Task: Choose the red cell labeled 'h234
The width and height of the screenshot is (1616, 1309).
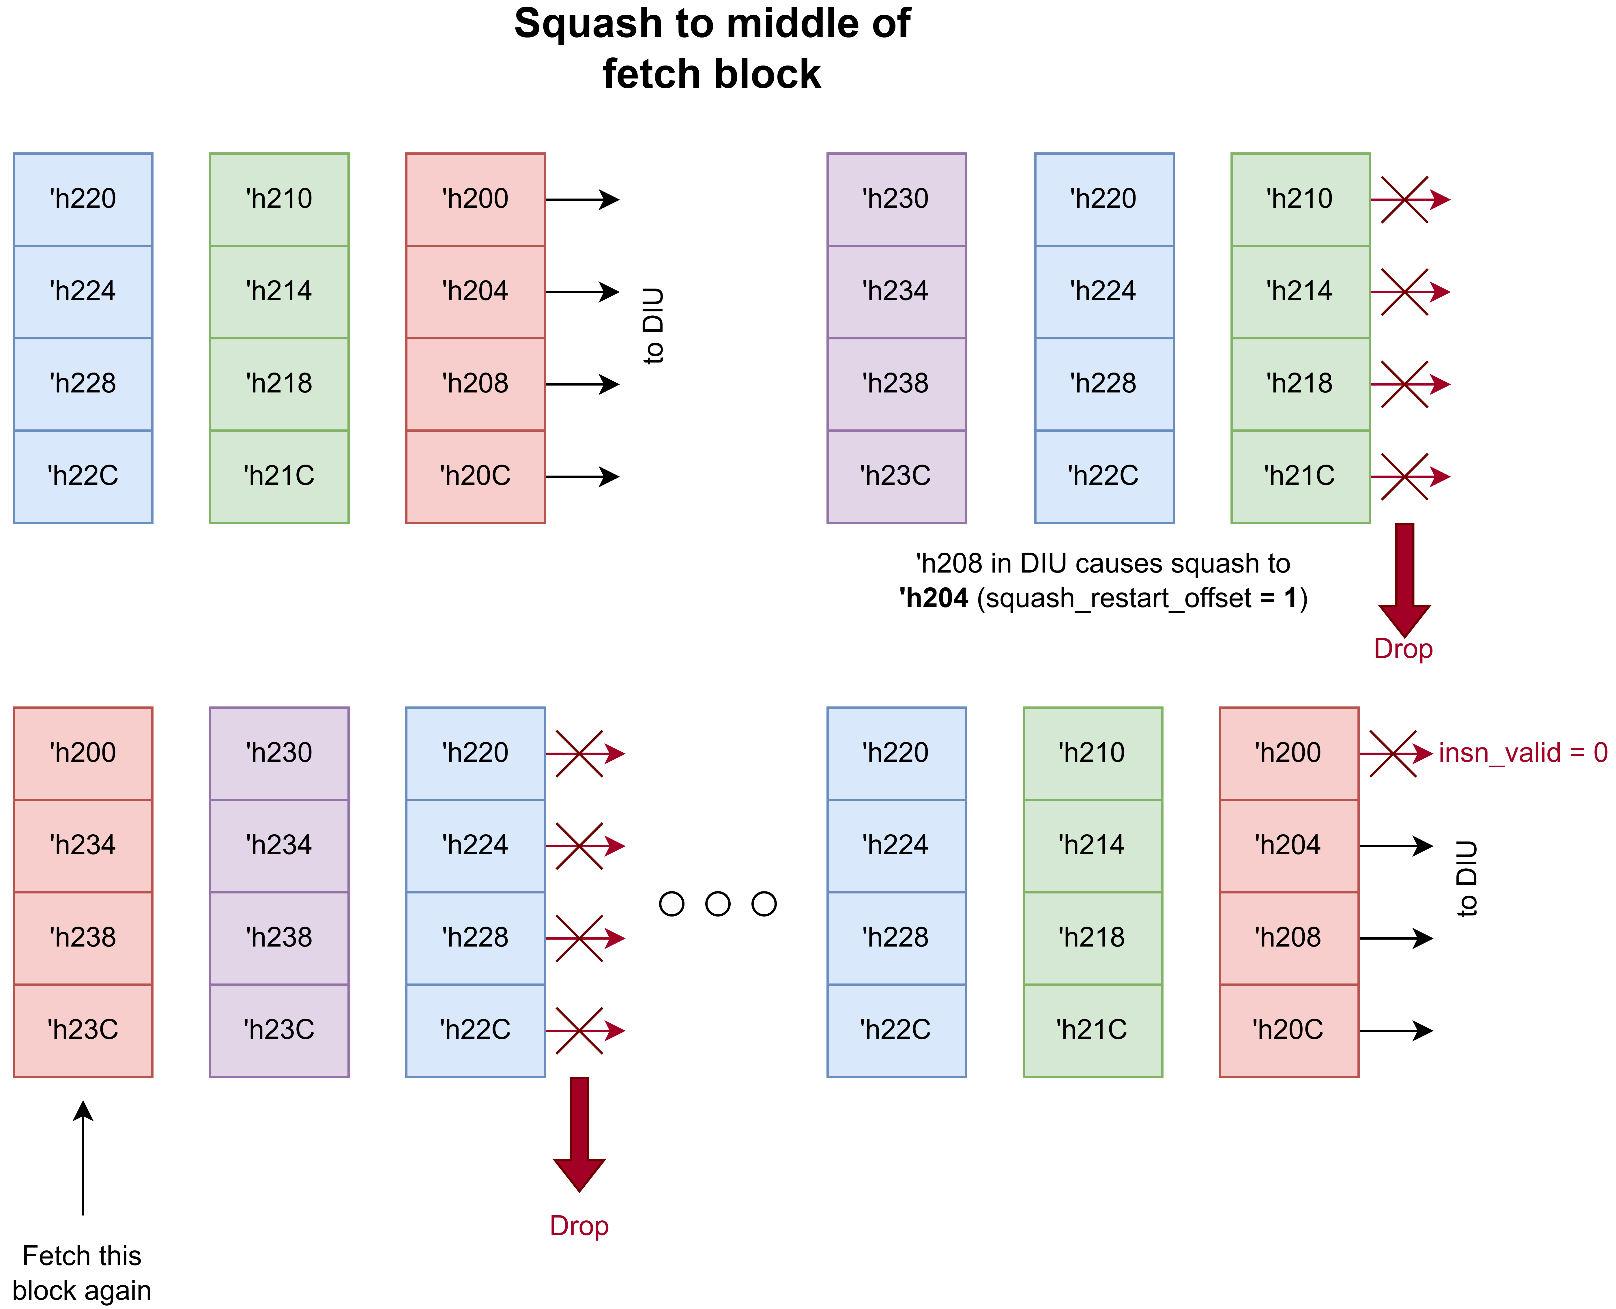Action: point(83,845)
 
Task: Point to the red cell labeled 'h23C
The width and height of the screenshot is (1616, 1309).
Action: point(83,1030)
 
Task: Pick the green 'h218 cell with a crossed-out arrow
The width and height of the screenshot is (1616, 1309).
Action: point(1300,384)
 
